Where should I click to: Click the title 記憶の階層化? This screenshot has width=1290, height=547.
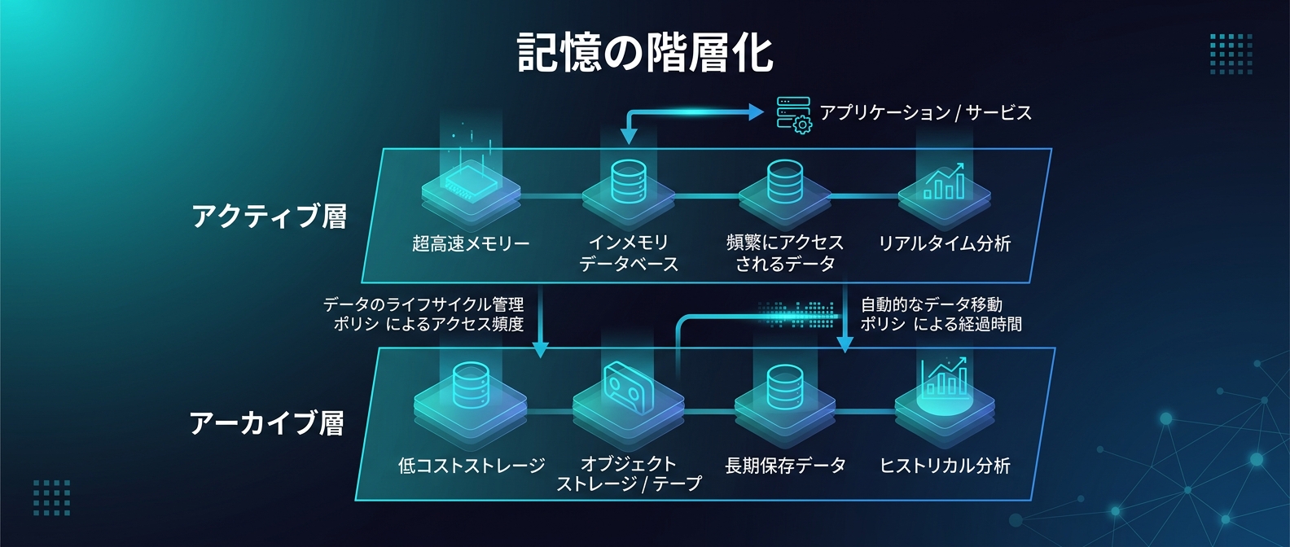645,53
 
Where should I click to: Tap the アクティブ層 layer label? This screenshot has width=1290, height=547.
270,217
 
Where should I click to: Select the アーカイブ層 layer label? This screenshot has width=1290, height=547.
267,423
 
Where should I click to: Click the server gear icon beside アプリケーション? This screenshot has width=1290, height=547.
793,115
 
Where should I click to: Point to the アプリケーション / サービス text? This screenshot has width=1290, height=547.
925,112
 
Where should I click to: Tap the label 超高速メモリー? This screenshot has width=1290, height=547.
471,243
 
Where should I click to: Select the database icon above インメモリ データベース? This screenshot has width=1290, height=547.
628,181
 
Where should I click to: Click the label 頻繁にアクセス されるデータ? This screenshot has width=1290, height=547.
785,253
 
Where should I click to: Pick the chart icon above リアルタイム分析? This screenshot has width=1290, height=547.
944,182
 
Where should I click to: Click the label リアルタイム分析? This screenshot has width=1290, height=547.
944,243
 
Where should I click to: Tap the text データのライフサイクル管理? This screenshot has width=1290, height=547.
423,304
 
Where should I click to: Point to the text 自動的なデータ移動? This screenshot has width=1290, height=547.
931,304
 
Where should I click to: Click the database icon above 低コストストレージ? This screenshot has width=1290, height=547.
470,384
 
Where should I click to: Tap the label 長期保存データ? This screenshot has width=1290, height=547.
785,466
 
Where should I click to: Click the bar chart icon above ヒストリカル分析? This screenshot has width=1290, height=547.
944,378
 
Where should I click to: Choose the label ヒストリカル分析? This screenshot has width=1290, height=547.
945,466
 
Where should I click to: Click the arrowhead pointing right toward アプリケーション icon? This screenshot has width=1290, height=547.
756,112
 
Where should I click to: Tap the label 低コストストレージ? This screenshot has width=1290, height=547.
471,466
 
